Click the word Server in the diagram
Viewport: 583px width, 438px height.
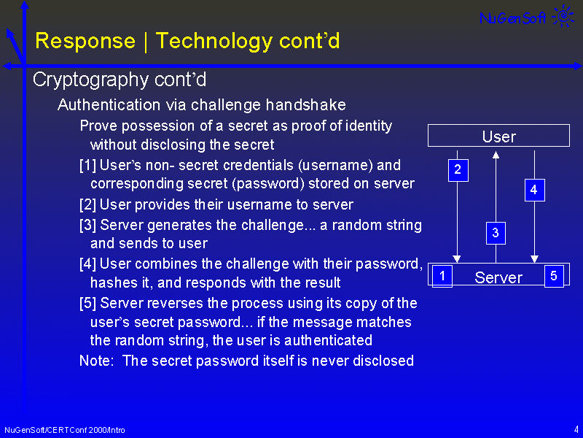[498, 277]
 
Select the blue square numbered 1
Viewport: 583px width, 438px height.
[442, 276]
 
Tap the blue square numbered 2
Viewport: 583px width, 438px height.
[458, 170]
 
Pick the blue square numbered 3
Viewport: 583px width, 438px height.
[496, 233]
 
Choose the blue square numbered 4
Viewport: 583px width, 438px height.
[535, 190]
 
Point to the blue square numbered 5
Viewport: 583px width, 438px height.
[554, 276]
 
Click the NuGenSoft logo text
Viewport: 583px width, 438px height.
[513, 18]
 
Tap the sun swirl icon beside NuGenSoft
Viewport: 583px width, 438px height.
[563, 15]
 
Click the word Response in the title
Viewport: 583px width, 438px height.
[85, 41]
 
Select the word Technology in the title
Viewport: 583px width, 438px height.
[214, 42]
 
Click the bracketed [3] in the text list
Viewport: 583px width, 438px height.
[87, 225]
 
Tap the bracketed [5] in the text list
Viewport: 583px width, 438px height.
[87, 303]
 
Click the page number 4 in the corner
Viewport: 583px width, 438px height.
[576, 429]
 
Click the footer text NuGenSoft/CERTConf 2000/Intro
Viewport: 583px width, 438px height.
[65, 430]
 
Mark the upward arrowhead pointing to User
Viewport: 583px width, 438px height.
[496, 155]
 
